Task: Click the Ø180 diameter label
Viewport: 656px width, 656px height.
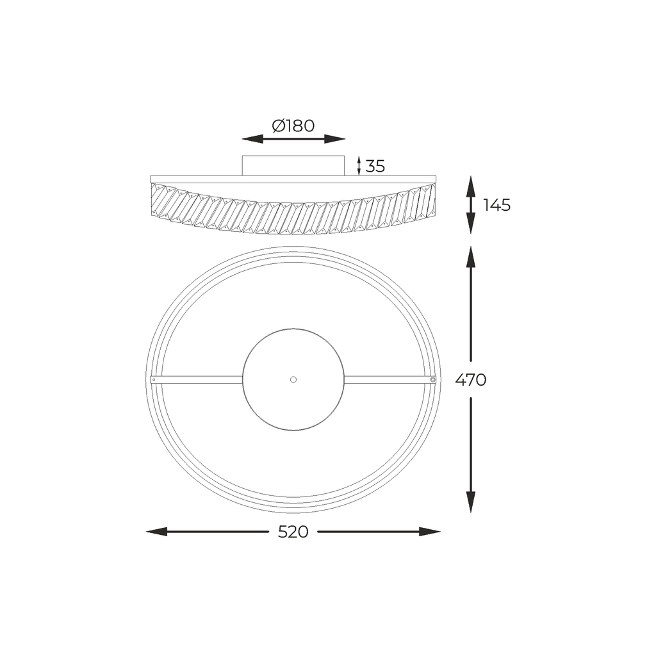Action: (x=293, y=126)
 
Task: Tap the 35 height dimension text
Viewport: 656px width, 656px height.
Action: (x=375, y=167)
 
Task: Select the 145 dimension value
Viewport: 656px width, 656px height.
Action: (x=497, y=205)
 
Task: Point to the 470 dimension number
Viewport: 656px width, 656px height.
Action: (x=471, y=380)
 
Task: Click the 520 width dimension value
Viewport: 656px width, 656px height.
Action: (x=293, y=532)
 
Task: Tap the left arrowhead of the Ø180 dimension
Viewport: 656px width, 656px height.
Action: (x=252, y=139)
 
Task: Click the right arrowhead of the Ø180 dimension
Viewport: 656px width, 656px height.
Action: (x=334, y=139)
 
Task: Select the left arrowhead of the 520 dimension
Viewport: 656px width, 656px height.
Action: (x=156, y=532)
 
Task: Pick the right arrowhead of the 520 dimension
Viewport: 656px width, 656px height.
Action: (x=430, y=532)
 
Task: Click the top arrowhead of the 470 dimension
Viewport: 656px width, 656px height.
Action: (x=471, y=257)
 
